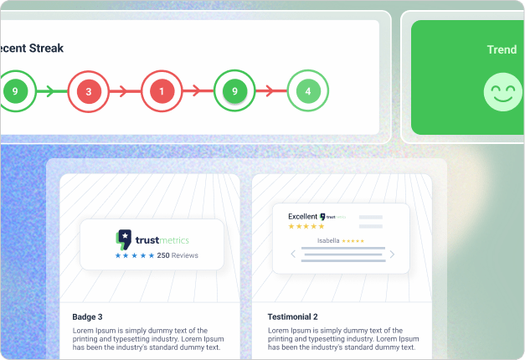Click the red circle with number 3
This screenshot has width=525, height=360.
click(88, 90)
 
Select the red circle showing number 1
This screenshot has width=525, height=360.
click(162, 90)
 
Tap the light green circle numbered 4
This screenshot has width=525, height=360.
click(308, 90)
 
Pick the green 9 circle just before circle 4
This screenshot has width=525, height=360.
click(234, 90)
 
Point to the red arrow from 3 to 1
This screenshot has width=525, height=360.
click(124, 90)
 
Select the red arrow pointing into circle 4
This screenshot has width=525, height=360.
click(271, 90)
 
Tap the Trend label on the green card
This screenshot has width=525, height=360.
click(502, 49)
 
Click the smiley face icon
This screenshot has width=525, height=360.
click(502, 92)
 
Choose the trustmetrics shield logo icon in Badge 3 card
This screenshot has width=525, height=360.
click(123, 238)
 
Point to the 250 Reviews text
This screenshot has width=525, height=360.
click(178, 255)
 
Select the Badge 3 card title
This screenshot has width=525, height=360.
click(87, 317)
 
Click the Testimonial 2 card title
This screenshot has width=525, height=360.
click(292, 317)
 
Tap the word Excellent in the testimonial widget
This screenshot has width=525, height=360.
click(302, 217)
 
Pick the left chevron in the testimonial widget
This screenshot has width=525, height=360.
click(293, 254)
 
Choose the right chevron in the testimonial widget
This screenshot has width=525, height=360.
click(392, 254)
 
